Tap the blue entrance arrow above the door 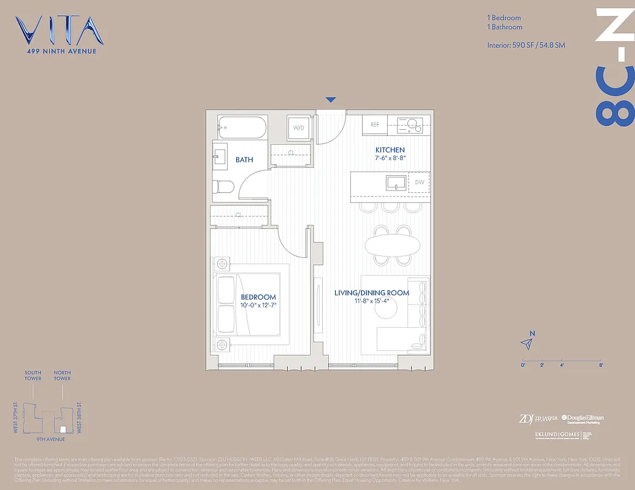click(331, 100)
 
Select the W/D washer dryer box click(299, 128)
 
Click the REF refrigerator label click(375, 124)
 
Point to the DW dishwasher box click(420, 183)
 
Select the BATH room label click(244, 160)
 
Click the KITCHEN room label click(390, 150)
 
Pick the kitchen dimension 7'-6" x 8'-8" click(390, 158)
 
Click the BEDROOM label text click(258, 298)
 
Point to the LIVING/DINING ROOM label click(372, 293)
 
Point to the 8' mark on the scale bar click(601, 364)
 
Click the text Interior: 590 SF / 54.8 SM click(526, 45)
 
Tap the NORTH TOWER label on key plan click(62, 375)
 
